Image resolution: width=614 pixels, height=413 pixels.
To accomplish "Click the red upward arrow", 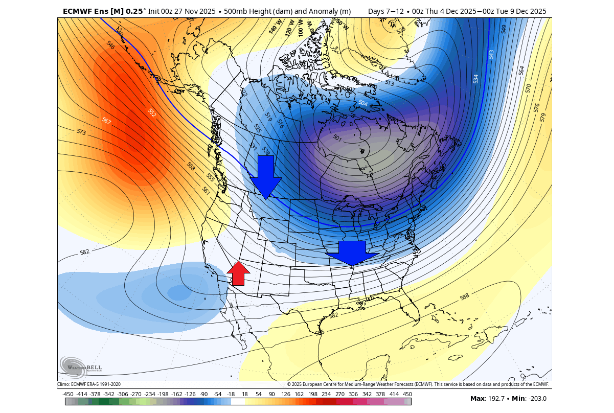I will (x=238, y=273).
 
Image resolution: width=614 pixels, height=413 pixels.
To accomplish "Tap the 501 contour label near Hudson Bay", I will (x=337, y=138).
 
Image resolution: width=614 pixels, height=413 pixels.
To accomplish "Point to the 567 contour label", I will (x=106, y=121).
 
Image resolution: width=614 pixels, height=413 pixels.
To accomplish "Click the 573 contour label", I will (x=81, y=132).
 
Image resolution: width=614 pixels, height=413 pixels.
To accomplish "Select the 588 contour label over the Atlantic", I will (x=464, y=296).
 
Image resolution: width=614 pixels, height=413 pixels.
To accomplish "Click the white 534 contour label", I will (x=476, y=79).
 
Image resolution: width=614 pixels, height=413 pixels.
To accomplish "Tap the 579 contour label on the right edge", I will (x=543, y=117).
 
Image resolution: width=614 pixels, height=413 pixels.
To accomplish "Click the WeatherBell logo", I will (x=81, y=366).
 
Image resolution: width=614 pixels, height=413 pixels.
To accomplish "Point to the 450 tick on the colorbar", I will (x=407, y=394).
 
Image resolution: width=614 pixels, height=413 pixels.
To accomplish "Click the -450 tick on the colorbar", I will (x=67, y=394).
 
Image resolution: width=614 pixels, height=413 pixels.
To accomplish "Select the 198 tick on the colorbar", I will (x=312, y=394).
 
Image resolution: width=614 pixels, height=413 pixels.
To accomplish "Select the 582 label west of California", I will (x=85, y=253).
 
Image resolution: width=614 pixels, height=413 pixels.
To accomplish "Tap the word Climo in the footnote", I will (x=63, y=384).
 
